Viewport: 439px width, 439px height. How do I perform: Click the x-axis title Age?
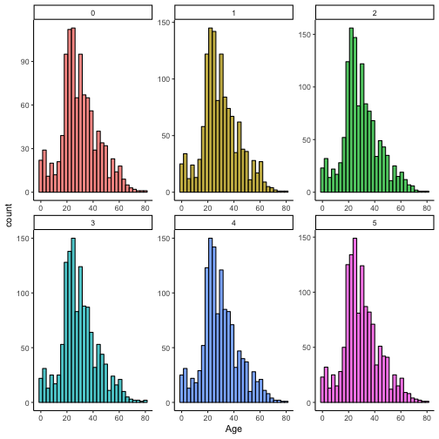tap(233, 429)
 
